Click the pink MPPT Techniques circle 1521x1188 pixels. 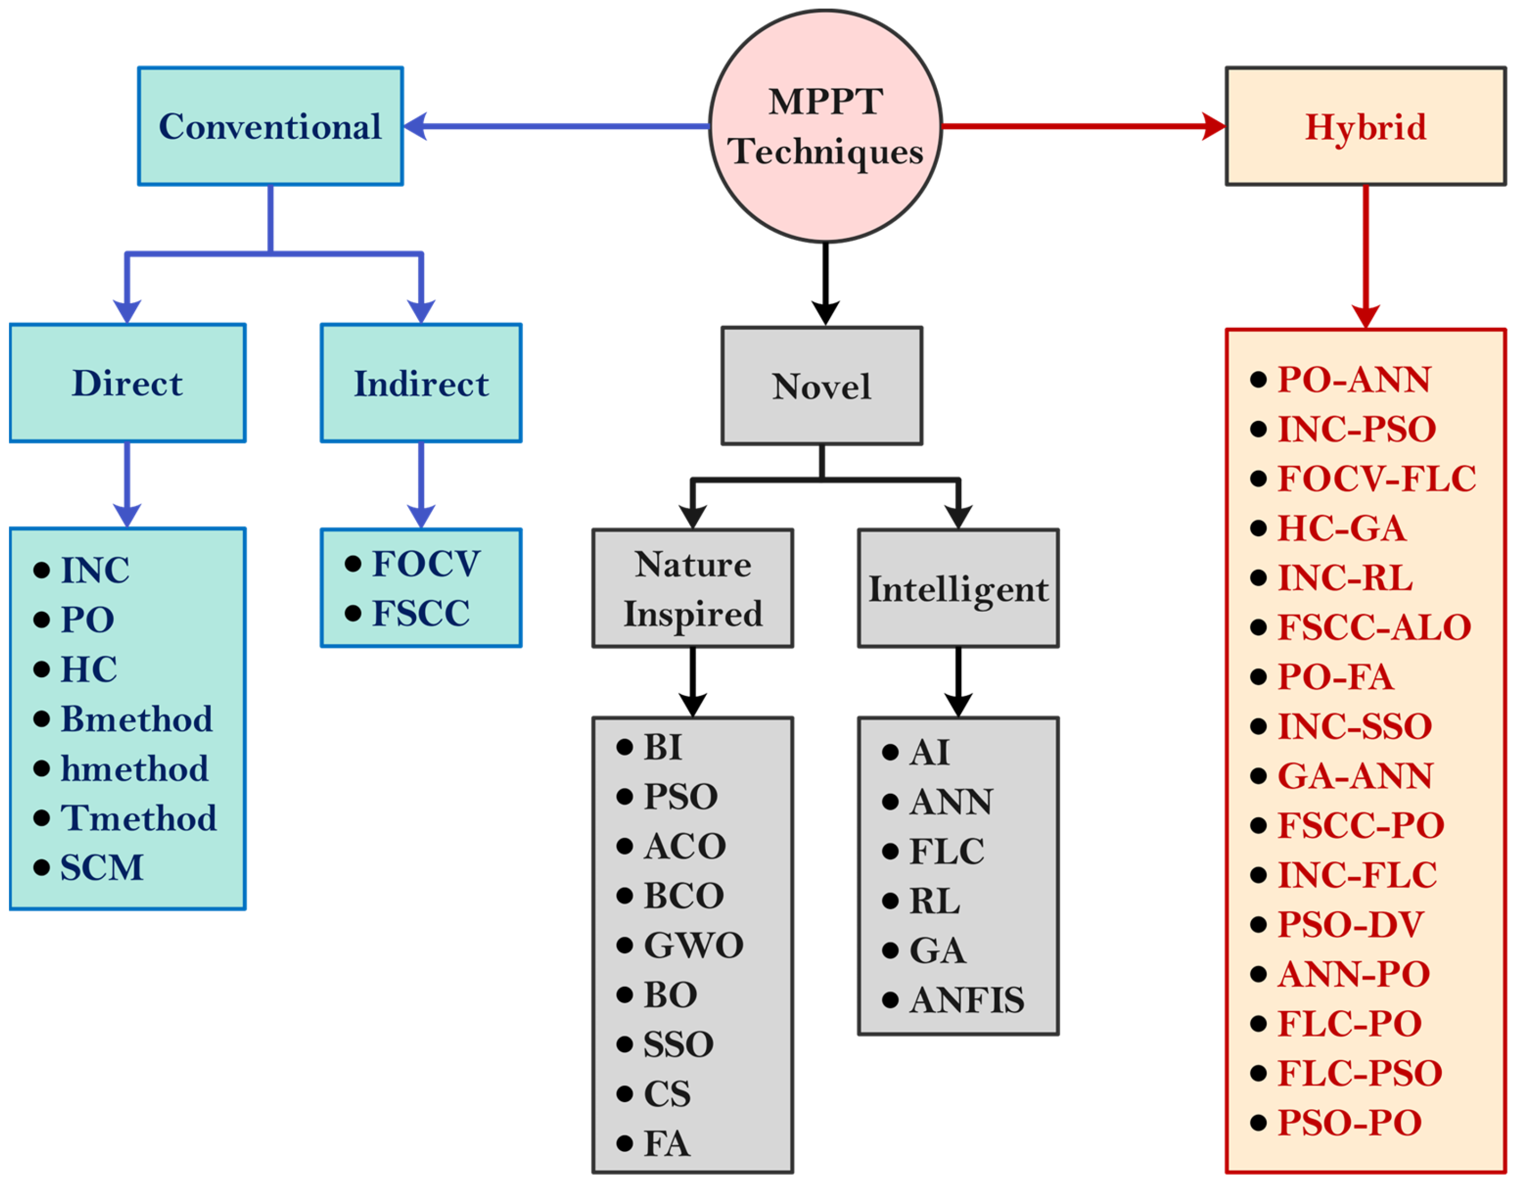pyautogui.click(x=826, y=126)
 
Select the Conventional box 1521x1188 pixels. pyautogui.click(x=270, y=126)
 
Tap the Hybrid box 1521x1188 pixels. pyautogui.click(x=1365, y=126)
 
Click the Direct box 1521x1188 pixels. pyautogui.click(x=127, y=382)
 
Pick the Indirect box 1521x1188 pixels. pyautogui.click(x=421, y=382)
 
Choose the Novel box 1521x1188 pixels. pyautogui.click(x=822, y=386)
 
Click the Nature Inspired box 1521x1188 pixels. pyautogui.click(x=692, y=588)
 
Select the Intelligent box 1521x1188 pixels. pyautogui.click(x=958, y=588)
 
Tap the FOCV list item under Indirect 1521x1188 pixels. pyautogui.click(x=426, y=563)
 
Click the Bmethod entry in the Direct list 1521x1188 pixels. pyautogui.click(x=136, y=719)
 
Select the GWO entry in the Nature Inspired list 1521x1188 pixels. pyautogui.click(x=693, y=945)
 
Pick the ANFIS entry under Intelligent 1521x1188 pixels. pyautogui.click(x=966, y=1000)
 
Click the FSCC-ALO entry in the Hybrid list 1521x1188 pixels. pyautogui.click(x=1373, y=627)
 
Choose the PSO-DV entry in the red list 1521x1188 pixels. pyautogui.click(x=1350, y=925)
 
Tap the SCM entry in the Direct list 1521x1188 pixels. pyautogui.click(x=101, y=868)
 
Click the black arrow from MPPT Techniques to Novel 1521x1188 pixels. pyautogui.click(x=826, y=282)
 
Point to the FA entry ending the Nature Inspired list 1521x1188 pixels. pyautogui.click(x=666, y=1143)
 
